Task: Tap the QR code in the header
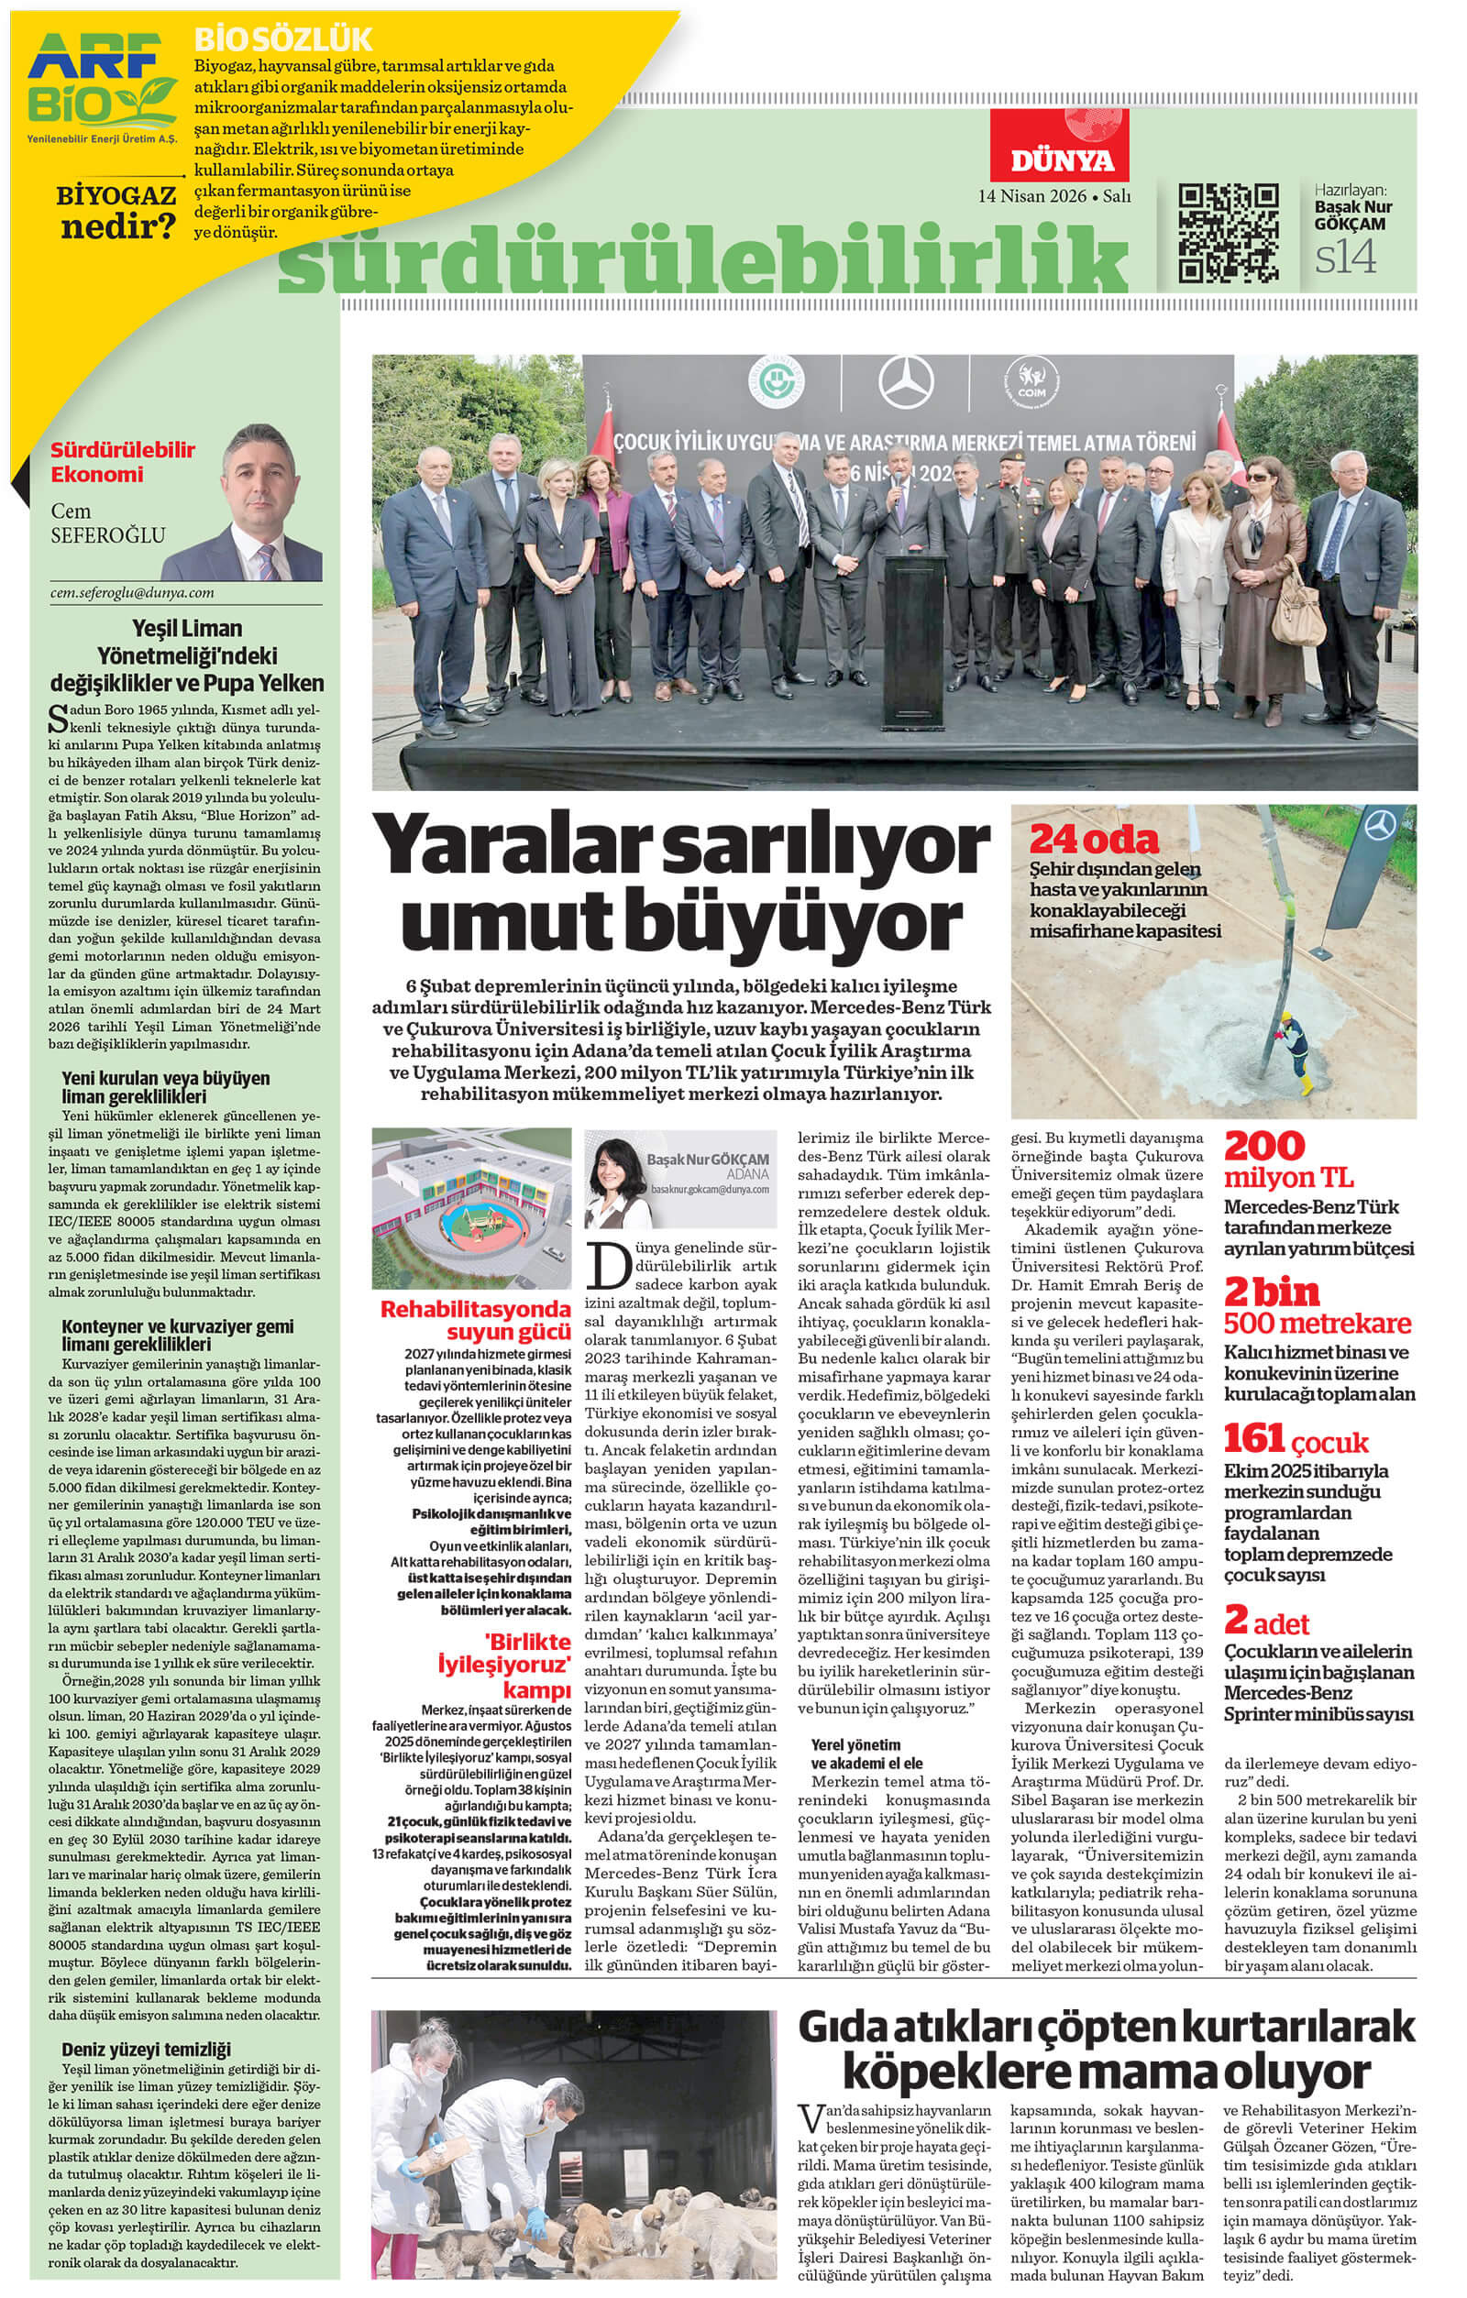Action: pos(1229,233)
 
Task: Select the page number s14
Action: pos(1346,258)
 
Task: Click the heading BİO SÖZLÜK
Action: pos(282,40)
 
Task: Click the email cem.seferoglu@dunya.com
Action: pos(132,593)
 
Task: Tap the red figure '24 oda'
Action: pos(1093,840)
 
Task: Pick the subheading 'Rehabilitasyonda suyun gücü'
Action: pos(475,1320)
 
